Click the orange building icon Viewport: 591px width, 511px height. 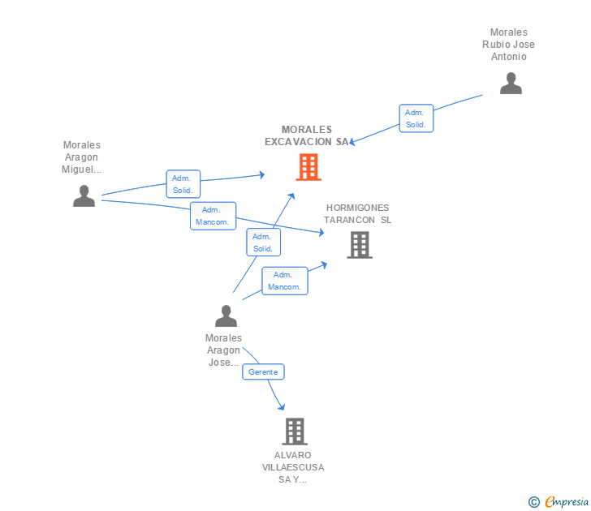308,167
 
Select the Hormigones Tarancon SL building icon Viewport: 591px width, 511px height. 360,245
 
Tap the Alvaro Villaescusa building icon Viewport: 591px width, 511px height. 295,432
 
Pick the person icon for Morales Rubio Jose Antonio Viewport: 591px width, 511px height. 511,84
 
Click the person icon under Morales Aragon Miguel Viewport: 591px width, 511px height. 84,195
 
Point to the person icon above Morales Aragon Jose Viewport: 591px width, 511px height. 226,316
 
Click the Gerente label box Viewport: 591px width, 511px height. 263,371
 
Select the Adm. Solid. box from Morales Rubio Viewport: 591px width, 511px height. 416,118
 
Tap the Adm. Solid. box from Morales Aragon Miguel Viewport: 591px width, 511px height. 183,184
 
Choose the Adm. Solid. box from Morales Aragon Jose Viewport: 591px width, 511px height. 264,243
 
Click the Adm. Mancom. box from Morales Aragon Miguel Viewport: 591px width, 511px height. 213,216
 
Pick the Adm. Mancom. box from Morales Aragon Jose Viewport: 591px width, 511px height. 285,281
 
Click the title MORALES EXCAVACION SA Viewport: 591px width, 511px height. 307,135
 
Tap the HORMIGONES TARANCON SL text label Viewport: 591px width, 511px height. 357,214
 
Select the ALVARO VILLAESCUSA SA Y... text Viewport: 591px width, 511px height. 293,467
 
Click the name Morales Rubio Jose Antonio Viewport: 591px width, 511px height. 508,45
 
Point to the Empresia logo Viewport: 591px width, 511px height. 567,501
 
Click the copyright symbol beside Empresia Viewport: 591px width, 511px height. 534,502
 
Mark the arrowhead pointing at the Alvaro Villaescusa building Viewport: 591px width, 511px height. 281,406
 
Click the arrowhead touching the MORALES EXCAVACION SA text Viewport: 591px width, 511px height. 352,142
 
